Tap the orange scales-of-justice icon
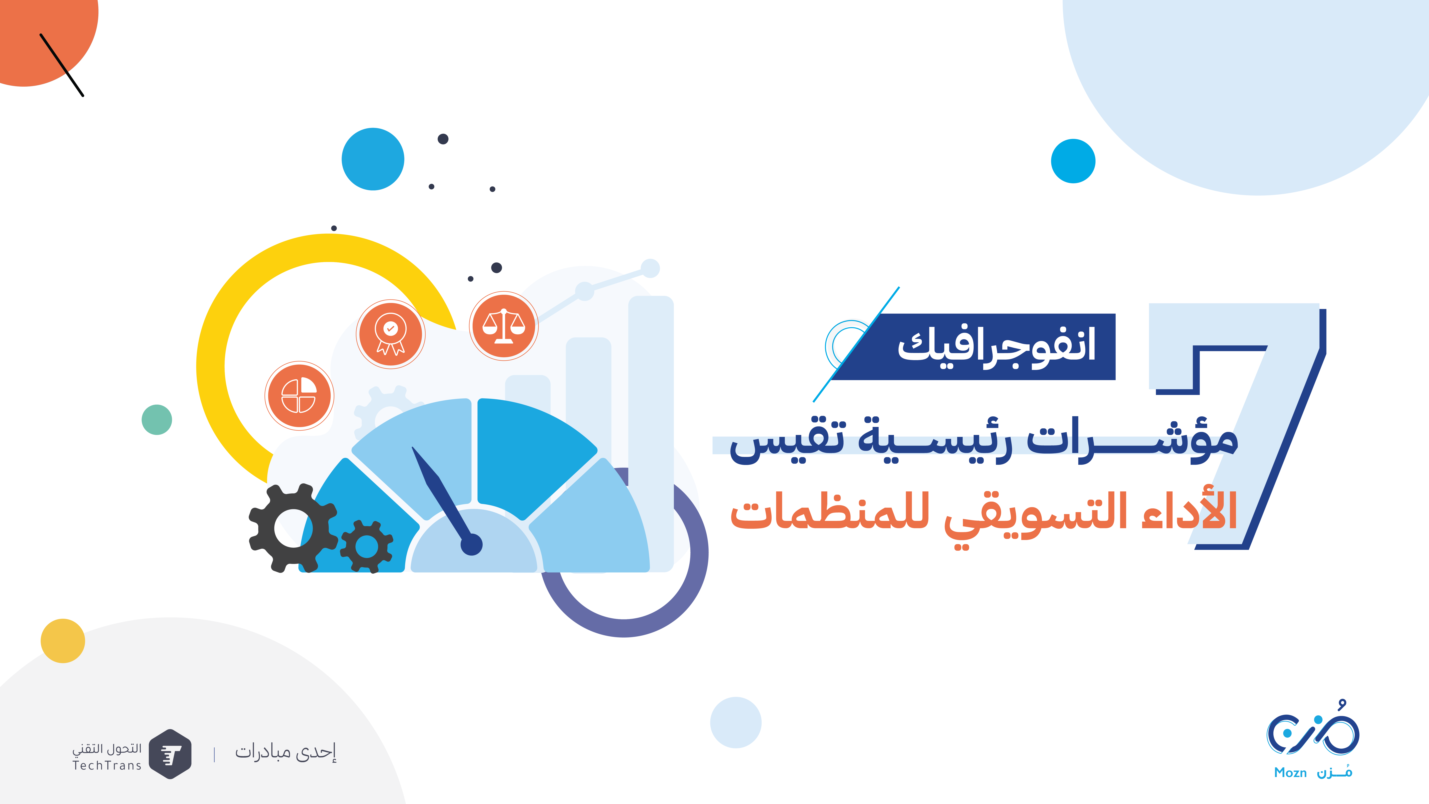click(x=504, y=326)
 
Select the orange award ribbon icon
click(x=391, y=334)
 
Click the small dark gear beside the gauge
click(x=367, y=547)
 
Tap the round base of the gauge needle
click(x=472, y=544)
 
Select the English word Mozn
click(x=1290, y=772)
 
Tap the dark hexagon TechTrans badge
click(x=170, y=754)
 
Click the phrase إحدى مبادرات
click(x=286, y=752)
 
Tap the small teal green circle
click(x=157, y=419)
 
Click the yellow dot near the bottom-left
click(x=63, y=641)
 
